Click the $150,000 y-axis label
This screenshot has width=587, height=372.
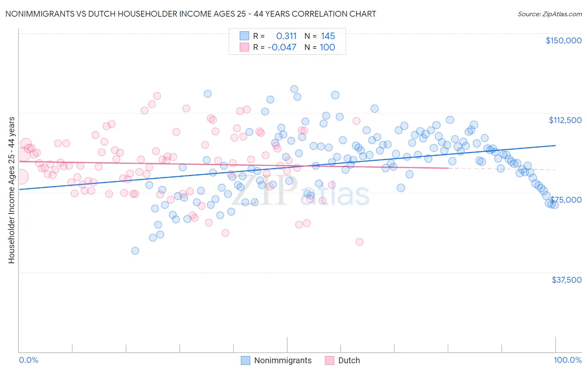pyautogui.click(x=563, y=40)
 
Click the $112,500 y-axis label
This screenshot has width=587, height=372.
pyautogui.click(x=565, y=120)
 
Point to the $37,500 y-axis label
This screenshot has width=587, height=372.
pyautogui.click(x=566, y=280)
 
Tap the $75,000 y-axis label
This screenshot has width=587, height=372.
pyautogui.click(x=566, y=200)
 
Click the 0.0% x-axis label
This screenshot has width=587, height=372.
pyautogui.click(x=28, y=360)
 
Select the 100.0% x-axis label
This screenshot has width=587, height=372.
pyautogui.click(x=567, y=360)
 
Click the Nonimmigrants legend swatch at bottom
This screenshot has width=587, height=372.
pyautogui.click(x=245, y=360)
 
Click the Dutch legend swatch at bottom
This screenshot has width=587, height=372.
pyautogui.click(x=329, y=360)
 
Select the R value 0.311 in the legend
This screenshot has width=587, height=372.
pyautogui.click(x=286, y=36)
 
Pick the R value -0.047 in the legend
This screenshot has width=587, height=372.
pyautogui.click(x=282, y=48)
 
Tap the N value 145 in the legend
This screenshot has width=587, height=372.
pyautogui.click(x=328, y=36)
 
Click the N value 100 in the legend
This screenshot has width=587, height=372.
pyautogui.click(x=327, y=48)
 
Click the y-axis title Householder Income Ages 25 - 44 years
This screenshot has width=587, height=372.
pyautogui.click(x=11, y=190)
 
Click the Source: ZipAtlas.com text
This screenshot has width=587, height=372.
pyautogui.click(x=549, y=14)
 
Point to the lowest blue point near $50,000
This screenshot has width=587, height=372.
pyautogui.click(x=135, y=251)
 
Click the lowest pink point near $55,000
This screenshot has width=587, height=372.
pyautogui.click(x=359, y=242)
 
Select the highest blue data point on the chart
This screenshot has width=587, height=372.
pyautogui.click(x=294, y=89)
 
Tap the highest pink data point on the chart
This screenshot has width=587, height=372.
pyautogui.click(x=157, y=96)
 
